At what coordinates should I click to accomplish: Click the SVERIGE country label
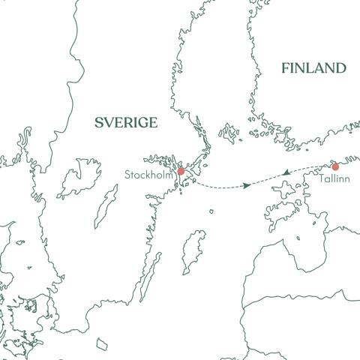click(x=126, y=123)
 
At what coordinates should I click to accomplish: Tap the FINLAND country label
click(x=313, y=68)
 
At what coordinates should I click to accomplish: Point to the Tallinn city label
click(x=333, y=181)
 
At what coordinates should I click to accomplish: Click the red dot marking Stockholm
click(x=180, y=172)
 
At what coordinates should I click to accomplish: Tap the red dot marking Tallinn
click(x=335, y=166)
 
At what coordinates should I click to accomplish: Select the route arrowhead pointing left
click(x=286, y=174)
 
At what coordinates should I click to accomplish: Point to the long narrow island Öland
click(x=152, y=274)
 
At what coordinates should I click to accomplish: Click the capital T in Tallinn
click(x=321, y=181)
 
